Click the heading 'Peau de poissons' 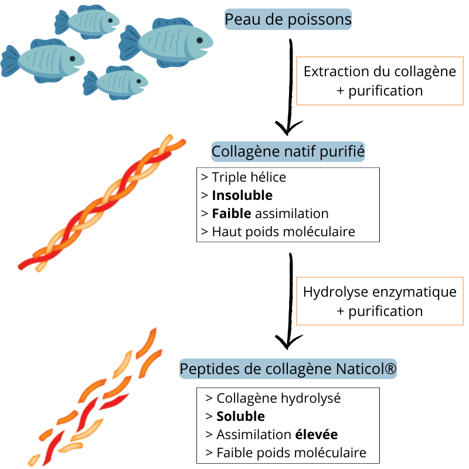288,20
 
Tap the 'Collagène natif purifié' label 288,152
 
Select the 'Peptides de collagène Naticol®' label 288,369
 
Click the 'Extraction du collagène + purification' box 379,81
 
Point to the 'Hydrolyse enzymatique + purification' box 379,301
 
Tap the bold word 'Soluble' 240,416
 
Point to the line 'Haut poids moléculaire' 283,232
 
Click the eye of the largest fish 199,40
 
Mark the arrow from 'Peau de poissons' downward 289,88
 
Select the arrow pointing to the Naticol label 289,305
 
